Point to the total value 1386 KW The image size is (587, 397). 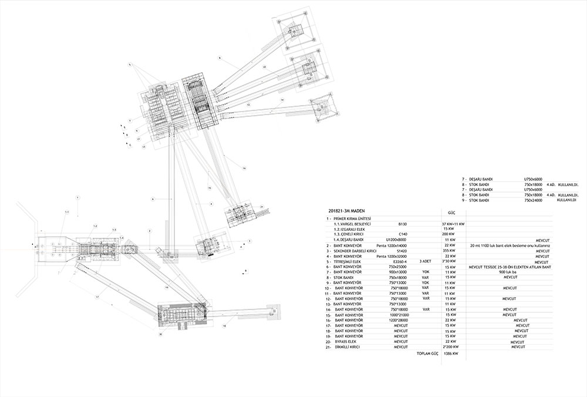pyautogui.click(x=451, y=354)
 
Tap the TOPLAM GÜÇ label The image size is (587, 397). pyautogui.click(x=428, y=354)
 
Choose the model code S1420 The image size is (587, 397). pyautogui.click(x=402, y=251)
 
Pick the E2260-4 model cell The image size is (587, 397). pyautogui.click(x=400, y=261)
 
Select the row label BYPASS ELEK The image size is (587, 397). pyautogui.click(x=346, y=341)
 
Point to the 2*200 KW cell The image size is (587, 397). pyautogui.click(x=451, y=346)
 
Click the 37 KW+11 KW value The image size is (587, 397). pyautogui.click(x=453, y=224)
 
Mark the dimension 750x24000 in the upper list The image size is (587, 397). pyautogui.click(x=534, y=200)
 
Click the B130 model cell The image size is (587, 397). pyautogui.click(x=402, y=224)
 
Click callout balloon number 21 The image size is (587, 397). pyautogui.click(x=262, y=206)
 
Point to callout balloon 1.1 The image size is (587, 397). pyautogui.click(x=67, y=211)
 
